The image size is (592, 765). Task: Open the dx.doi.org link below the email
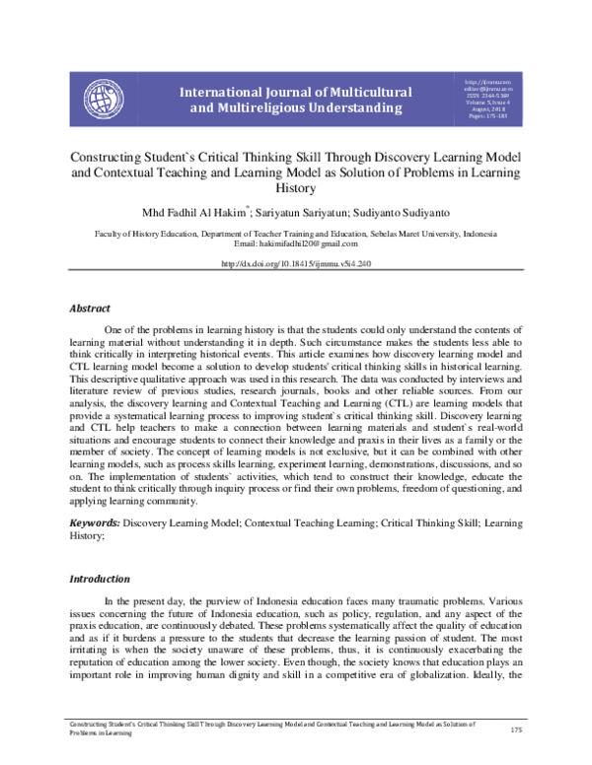point(295,264)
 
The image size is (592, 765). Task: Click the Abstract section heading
point(89,309)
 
